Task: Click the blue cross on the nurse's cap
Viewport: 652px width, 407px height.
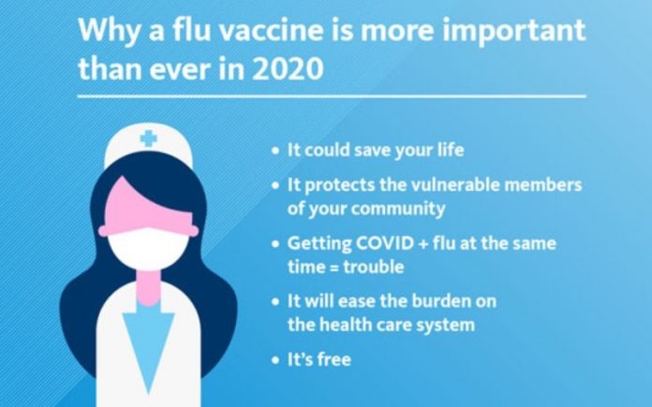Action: click(148, 138)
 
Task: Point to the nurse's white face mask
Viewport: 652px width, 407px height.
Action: click(148, 248)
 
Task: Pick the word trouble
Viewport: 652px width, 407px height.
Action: click(374, 267)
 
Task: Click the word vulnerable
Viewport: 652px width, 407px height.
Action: click(454, 185)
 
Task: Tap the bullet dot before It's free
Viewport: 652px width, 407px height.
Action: click(275, 359)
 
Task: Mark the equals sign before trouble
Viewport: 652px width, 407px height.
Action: click(333, 268)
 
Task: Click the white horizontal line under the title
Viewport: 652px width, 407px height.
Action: click(332, 96)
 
